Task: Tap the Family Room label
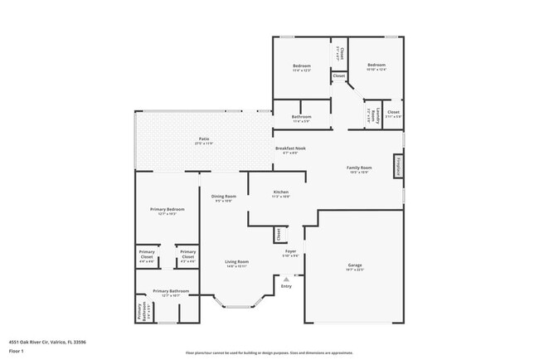point(358,168)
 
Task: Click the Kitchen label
point(281,192)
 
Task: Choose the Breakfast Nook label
point(289,148)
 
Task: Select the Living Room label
point(237,262)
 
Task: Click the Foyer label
point(290,251)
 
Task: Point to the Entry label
point(286,286)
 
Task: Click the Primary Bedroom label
point(167,209)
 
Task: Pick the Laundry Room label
point(372,114)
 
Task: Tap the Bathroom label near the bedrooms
point(301,117)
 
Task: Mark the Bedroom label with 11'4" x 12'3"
point(301,66)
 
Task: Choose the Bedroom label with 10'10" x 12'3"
point(376,66)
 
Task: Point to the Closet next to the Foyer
point(278,235)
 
